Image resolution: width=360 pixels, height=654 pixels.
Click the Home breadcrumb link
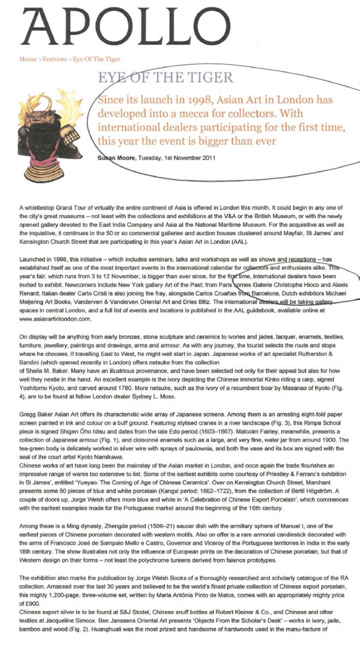click(28, 59)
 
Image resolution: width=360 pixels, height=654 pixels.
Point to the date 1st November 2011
click(185, 158)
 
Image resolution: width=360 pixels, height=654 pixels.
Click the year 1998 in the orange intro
click(228, 101)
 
